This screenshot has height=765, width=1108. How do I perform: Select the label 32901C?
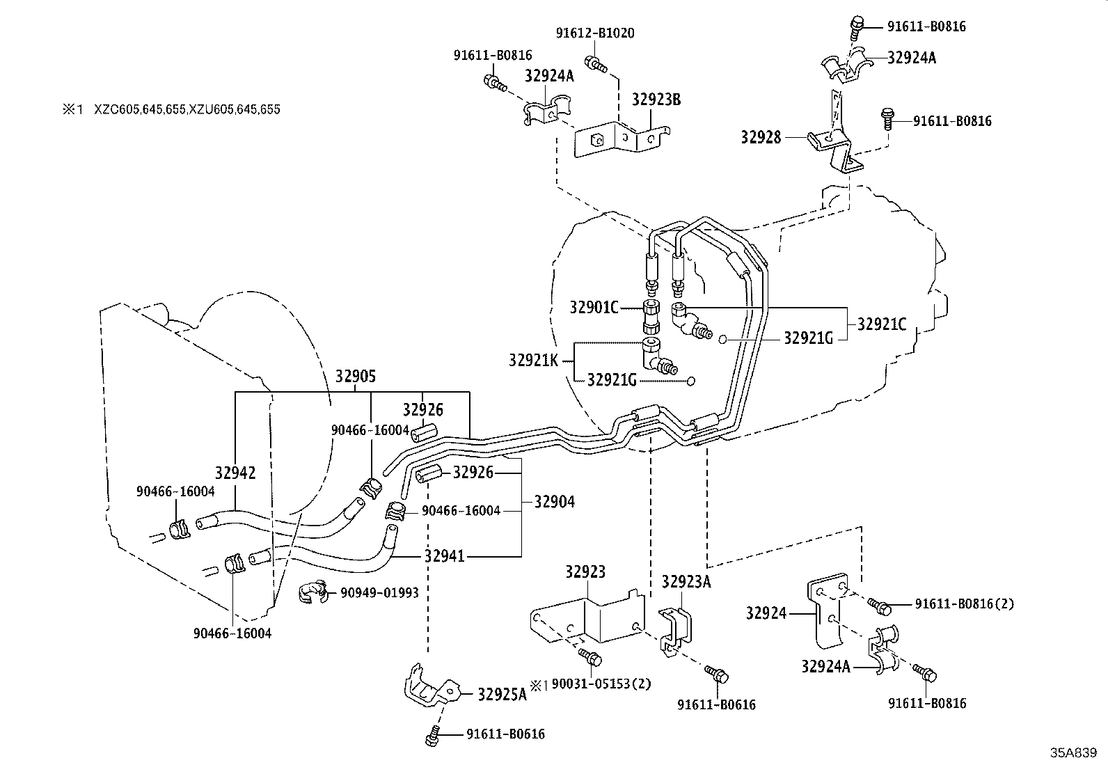[594, 307]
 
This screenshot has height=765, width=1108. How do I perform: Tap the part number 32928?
[762, 137]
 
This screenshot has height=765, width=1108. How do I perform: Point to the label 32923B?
[656, 99]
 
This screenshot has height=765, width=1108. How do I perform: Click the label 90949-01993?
[379, 592]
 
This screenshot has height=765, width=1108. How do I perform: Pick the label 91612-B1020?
[594, 33]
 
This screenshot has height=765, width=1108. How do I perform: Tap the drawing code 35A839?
[1073, 752]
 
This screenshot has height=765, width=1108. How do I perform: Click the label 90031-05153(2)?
[601, 684]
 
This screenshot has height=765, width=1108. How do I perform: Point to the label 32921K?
[533, 360]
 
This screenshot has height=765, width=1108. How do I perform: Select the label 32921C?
[881, 324]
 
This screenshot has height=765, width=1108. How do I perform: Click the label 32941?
[445, 556]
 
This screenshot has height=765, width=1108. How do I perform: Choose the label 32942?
[235, 473]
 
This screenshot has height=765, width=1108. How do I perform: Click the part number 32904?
[554, 501]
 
